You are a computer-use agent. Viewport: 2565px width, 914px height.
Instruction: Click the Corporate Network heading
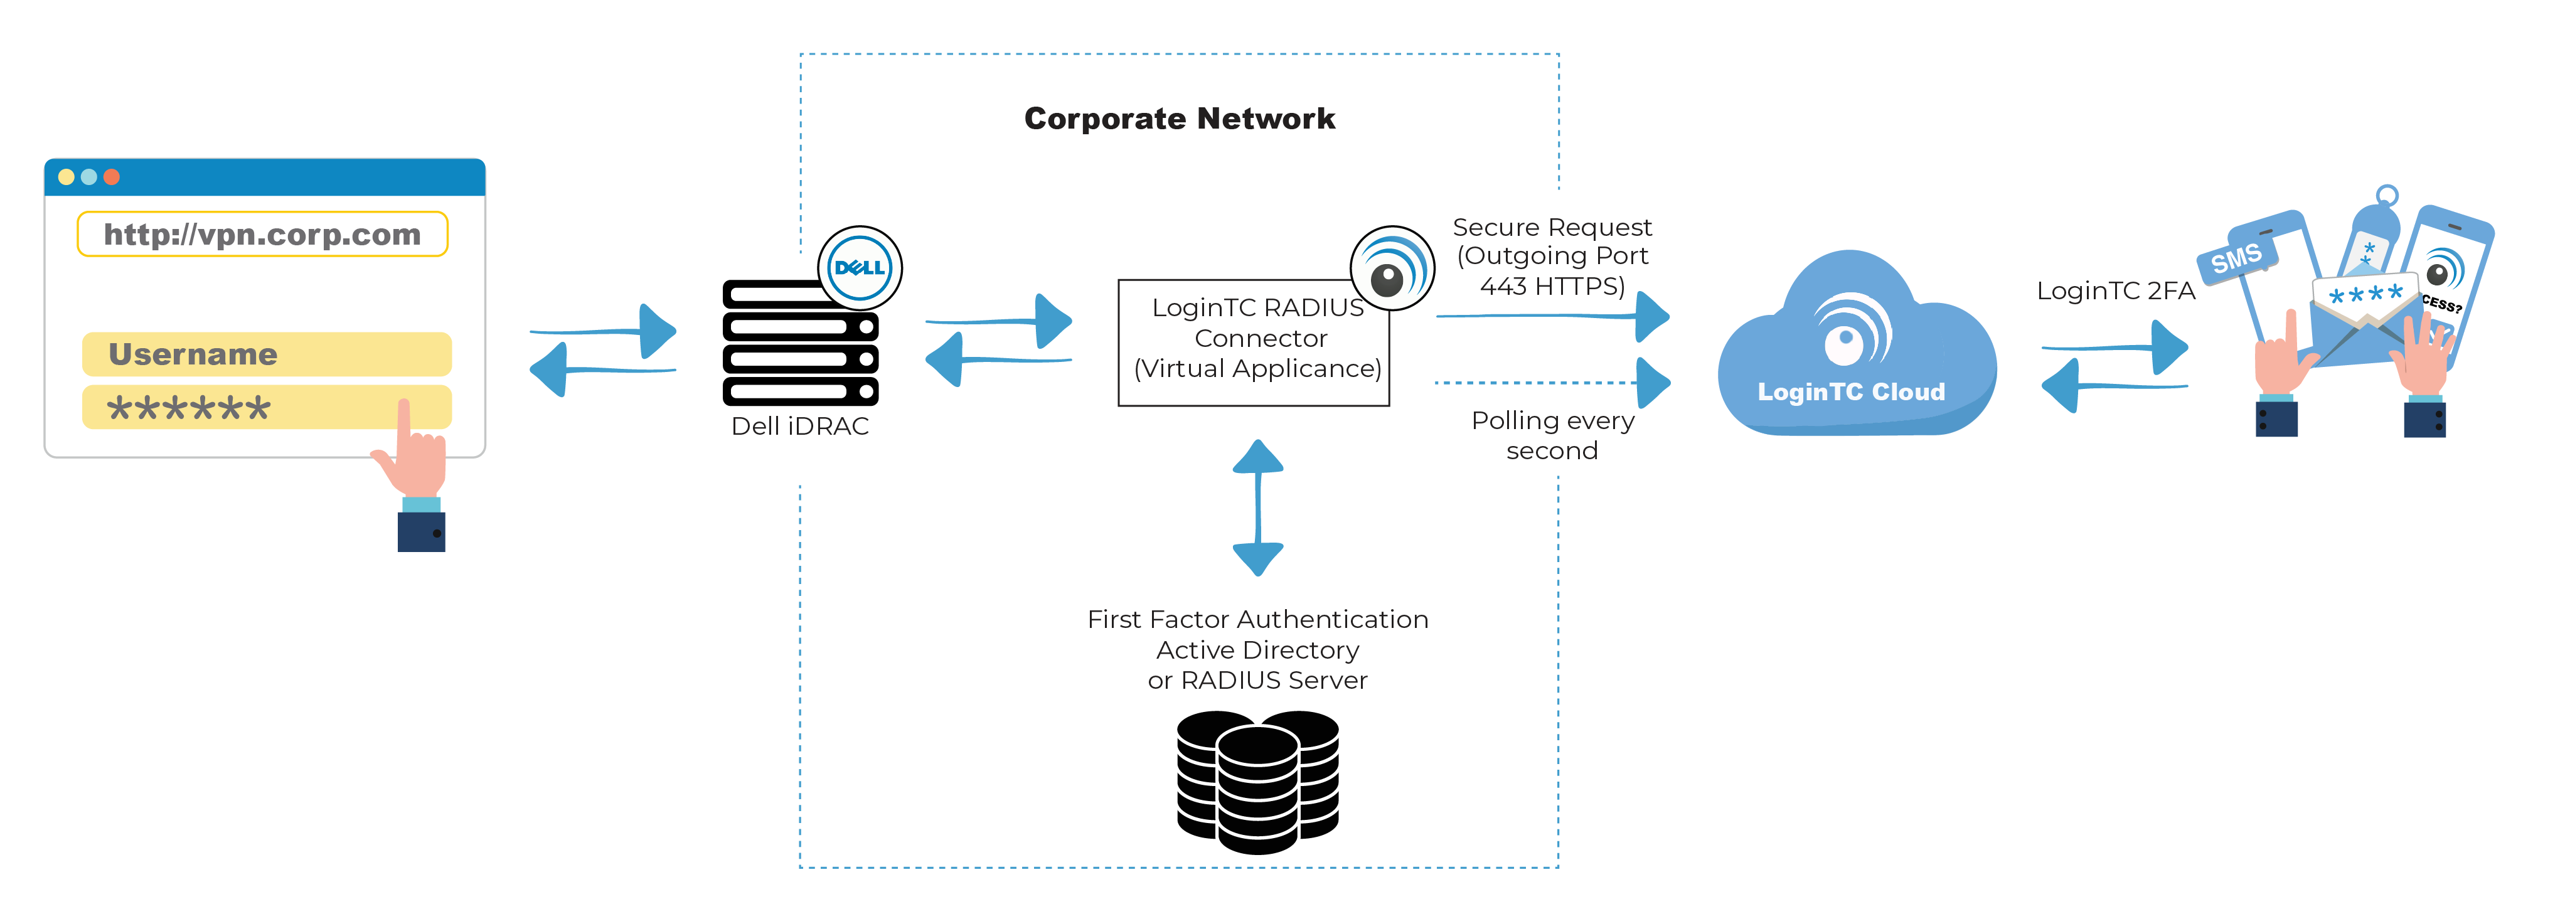point(1179,119)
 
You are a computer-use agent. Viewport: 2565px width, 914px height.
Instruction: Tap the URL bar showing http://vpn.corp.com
point(262,234)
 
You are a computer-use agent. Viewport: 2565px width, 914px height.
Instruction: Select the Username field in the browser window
point(266,354)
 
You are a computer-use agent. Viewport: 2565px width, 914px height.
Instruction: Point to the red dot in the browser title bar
point(112,178)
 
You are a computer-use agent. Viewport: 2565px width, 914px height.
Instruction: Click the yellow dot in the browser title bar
point(66,178)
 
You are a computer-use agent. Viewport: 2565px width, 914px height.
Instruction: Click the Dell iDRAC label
point(799,426)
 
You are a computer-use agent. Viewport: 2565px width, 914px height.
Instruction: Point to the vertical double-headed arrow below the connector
point(1257,507)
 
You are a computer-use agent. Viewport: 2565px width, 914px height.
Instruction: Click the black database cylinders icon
point(1257,782)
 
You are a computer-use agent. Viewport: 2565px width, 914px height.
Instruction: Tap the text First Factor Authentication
point(1257,619)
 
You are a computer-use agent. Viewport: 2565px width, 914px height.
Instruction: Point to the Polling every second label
point(1552,435)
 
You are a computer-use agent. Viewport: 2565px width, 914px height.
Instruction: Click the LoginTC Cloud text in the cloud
point(1851,392)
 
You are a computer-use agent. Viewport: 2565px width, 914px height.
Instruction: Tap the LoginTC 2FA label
point(2115,290)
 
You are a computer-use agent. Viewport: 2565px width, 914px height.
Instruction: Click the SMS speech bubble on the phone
point(2236,259)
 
